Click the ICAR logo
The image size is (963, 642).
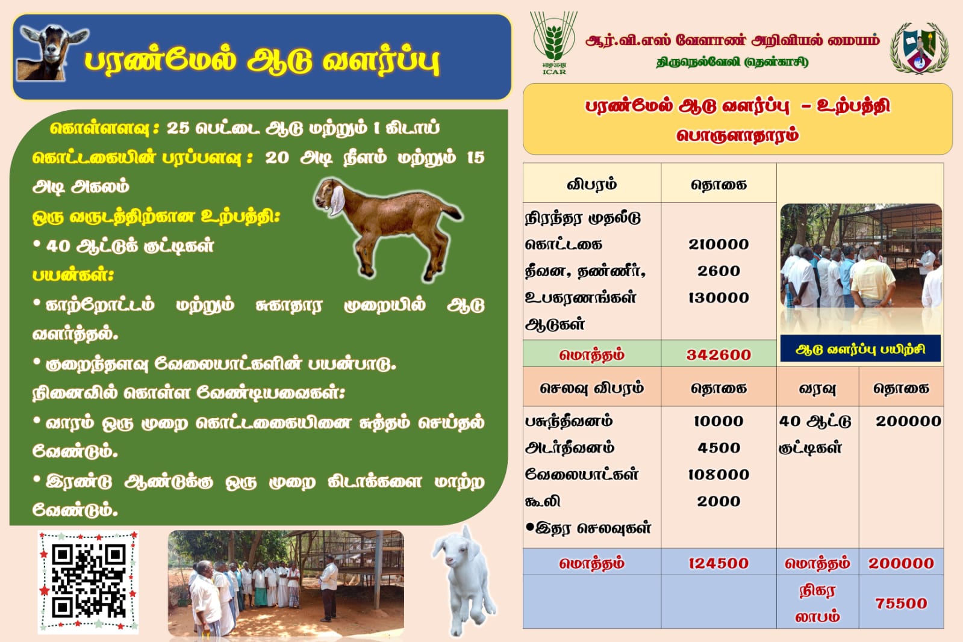pos(553,43)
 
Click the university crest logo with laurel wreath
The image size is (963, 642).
pos(920,48)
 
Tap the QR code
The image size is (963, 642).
pos(88,581)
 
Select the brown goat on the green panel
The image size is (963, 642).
pos(388,227)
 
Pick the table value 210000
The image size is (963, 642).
pos(718,244)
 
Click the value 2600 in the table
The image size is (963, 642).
pos(718,271)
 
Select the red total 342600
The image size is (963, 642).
pos(718,355)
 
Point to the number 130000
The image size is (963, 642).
pos(718,298)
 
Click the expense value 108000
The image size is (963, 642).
pos(718,475)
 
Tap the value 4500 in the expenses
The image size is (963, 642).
pos(718,448)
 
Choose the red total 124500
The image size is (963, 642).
pos(718,563)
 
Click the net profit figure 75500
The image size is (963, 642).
pos(901,603)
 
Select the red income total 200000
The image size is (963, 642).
pos(901,563)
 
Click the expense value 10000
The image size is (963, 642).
pos(718,421)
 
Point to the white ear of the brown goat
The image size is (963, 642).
pos(337,200)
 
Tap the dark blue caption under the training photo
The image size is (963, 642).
pos(860,349)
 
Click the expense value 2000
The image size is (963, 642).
pos(718,501)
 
